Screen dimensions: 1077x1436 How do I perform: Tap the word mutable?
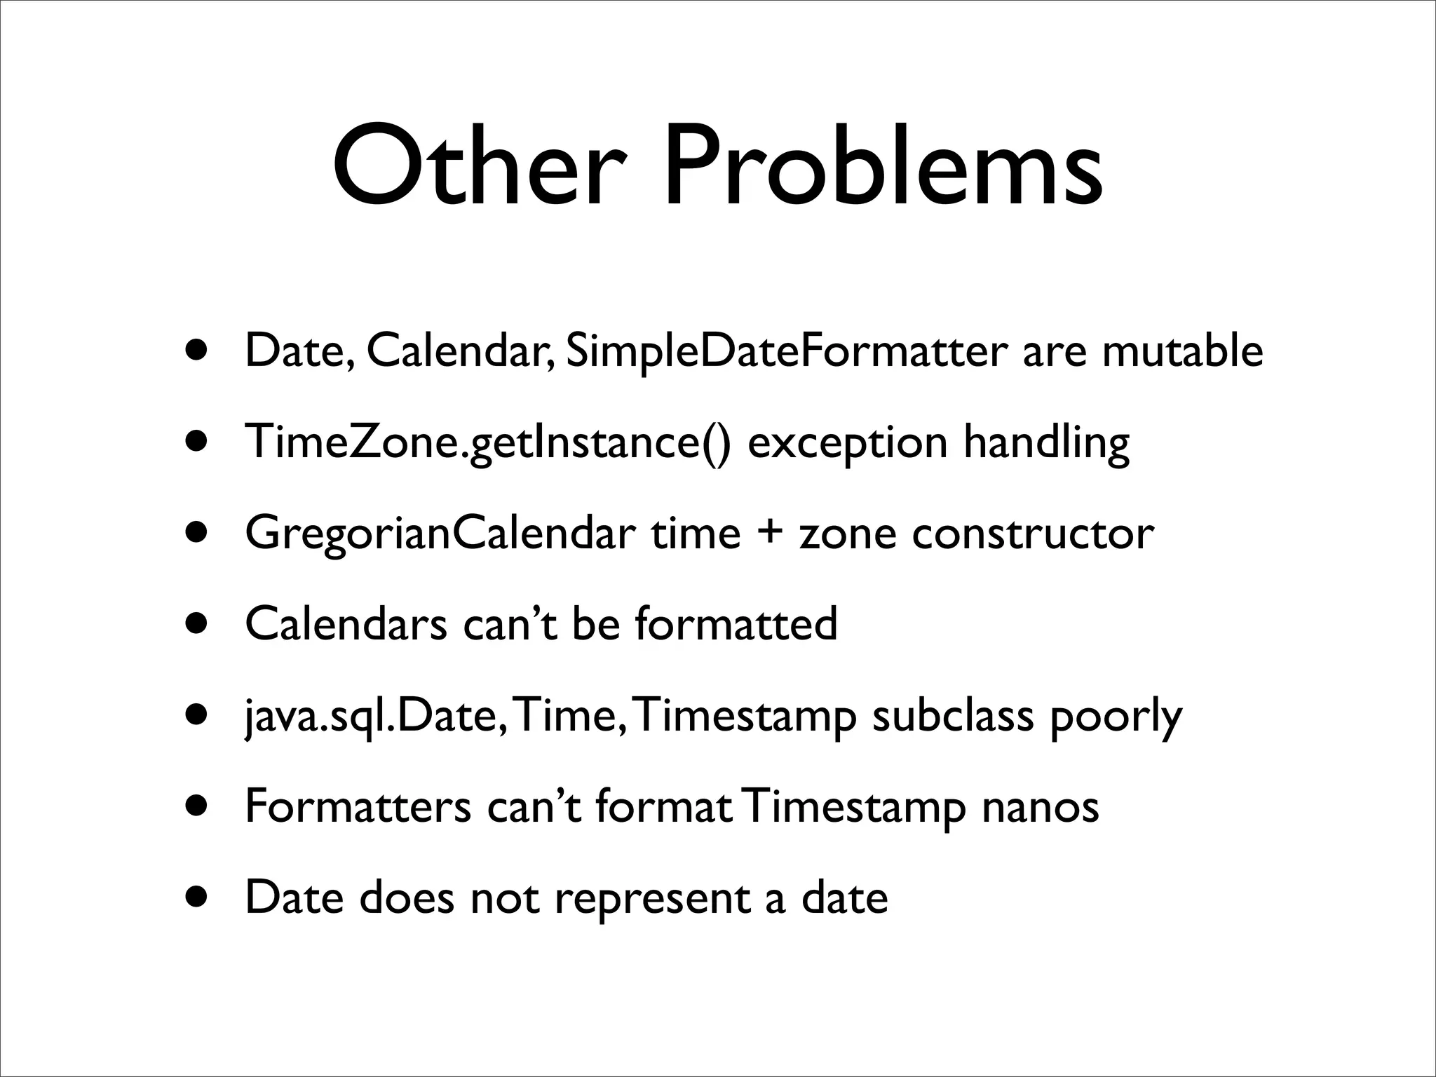point(1183,351)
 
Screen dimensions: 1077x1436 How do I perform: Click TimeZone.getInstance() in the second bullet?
point(488,443)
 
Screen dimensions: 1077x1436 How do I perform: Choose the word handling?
point(1046,443)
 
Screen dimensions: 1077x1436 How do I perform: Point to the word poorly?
point(1116,717)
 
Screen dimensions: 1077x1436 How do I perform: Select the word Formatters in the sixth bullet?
point(358,806)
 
